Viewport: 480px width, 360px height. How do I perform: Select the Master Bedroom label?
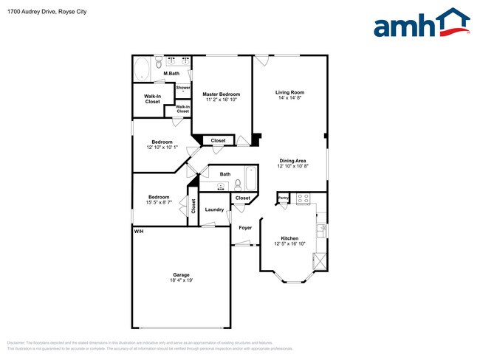tap(222, 94)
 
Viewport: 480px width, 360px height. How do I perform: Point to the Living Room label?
tap(289, 92)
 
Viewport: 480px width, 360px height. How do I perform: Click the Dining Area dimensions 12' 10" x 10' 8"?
tap(292, 167)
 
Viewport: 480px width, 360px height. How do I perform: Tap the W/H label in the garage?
tap(138, 232)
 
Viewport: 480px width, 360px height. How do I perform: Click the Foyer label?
tap(245, 227)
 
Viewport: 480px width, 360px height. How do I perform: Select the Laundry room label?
tap(214, 210)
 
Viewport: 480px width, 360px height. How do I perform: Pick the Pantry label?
tap(284, 198)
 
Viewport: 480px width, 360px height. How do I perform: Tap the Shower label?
tap(182, 87)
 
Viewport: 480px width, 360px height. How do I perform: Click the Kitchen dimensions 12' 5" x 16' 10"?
tap(289, 244)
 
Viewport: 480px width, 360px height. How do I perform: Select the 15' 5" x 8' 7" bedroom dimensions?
tap(159, 202)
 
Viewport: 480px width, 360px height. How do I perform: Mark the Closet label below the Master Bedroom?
tap(219, 140)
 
